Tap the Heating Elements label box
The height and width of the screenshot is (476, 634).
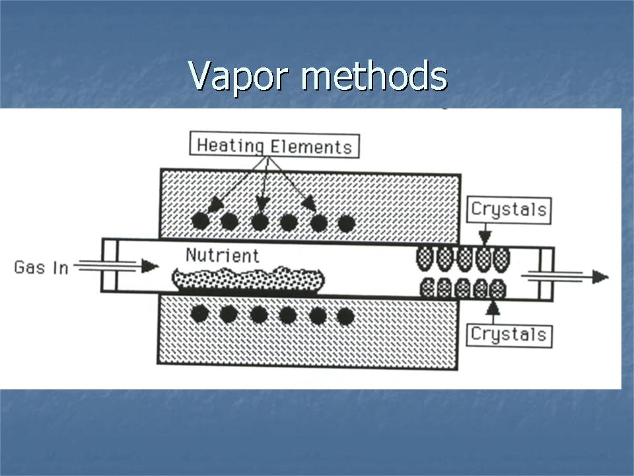[274, 145]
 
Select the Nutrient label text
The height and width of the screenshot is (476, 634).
[222, 255]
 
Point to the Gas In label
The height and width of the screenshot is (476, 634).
[41, 268]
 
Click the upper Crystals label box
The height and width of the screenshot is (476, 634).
[509, 210]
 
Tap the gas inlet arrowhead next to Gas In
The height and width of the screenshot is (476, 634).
[150, 266]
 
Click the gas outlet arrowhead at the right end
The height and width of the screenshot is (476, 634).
[600, 276]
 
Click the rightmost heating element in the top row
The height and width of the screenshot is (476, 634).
[346, 223]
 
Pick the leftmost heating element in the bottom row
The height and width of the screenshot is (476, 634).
[200, 313]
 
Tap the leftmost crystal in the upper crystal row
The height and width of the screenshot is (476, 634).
[424, 258]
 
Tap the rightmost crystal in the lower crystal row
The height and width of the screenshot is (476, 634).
[498, 288]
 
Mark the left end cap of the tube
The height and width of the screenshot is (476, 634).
[109, 264]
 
